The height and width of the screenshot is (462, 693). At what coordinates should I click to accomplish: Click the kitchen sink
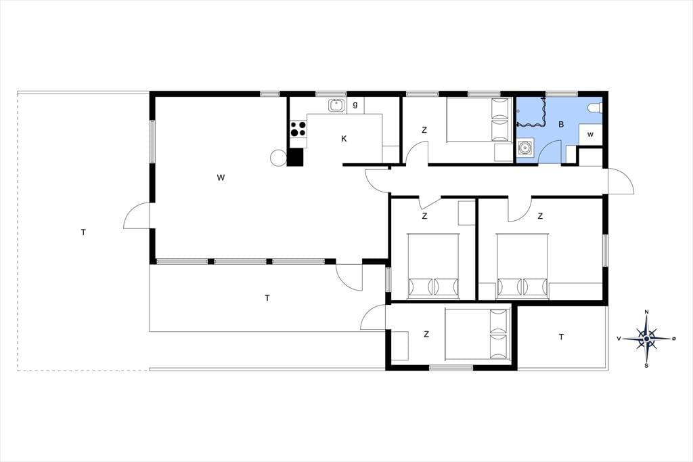click(x=336, y=105)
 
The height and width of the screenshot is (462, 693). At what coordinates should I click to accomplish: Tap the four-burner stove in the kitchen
click(x=298, y=129)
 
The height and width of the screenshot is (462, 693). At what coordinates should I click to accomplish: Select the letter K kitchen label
click(x=344, y=138)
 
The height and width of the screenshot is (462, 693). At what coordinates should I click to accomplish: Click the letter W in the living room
click(x=221, y=178)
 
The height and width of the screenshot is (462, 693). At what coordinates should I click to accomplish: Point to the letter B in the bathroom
click(x=561, y=125)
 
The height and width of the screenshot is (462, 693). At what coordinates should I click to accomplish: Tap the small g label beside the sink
click(x=355, y=105)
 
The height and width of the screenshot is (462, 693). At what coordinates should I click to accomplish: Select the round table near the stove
click(x=279, y=157)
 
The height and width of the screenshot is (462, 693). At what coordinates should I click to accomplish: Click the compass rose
click(x=646, y=339)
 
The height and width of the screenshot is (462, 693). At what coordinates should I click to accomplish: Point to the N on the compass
click(x=646, y=312)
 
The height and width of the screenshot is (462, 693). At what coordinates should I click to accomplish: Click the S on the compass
click(x=646, y=366)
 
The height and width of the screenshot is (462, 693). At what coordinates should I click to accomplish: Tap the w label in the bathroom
click(x=590, y=135)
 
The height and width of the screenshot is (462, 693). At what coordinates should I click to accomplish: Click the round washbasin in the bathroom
click(x=525, y=147)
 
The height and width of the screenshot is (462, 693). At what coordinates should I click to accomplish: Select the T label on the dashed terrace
click(x=83, y=232)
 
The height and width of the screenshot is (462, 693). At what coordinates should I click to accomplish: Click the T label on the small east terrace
click(x=561, y=337)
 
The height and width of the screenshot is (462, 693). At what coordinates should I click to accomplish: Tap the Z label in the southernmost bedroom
click(x=426, y=334)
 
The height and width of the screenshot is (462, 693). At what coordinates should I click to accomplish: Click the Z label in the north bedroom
click(x=424, y=130)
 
